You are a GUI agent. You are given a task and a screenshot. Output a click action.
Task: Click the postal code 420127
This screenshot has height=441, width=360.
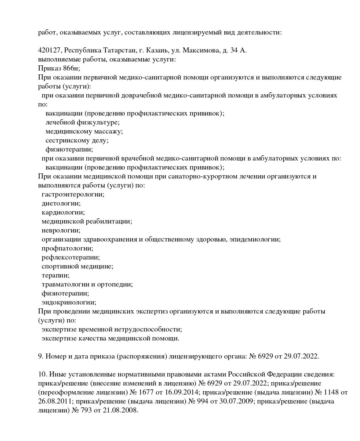coord(49,50)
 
